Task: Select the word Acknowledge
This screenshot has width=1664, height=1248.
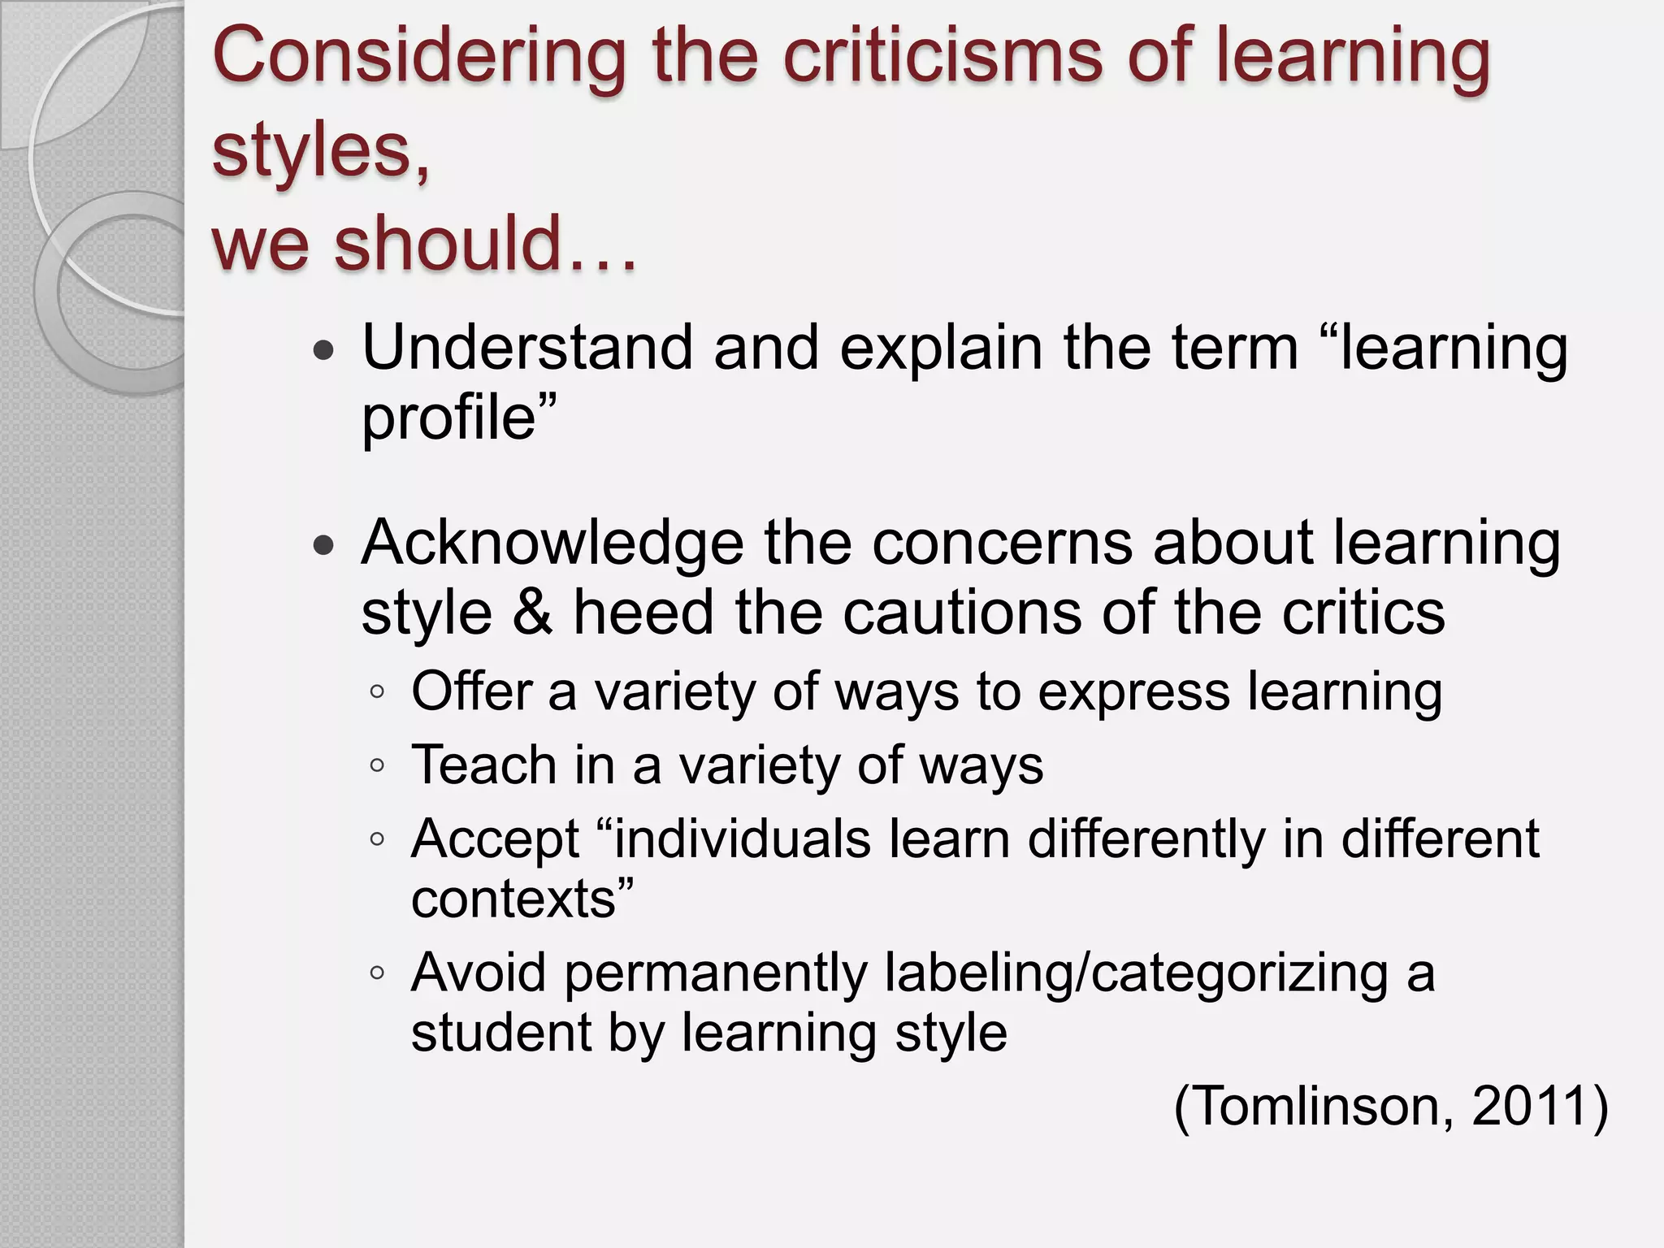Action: (552, 543)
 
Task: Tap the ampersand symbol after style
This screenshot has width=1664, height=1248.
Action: (533, 613)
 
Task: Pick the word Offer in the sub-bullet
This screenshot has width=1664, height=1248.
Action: (471, 691)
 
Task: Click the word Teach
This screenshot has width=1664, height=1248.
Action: (484, 765)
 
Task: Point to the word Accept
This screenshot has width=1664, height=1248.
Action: (495, 840)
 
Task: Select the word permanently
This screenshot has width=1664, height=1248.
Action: (715, 973)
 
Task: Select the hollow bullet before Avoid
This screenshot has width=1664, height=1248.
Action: (376, 972)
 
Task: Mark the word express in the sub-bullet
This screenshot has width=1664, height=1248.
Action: (1133, 693)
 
